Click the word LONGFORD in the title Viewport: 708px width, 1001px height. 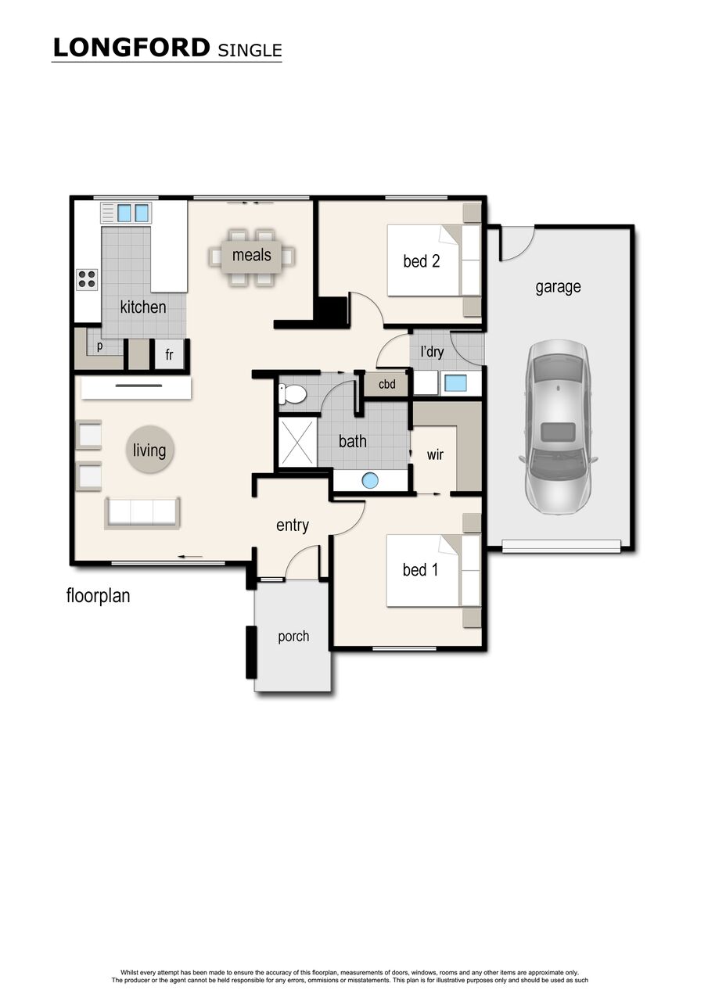click(x=131, y=48)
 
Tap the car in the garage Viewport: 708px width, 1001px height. click(x=558, y=427)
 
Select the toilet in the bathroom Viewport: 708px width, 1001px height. click(x=293, y=394)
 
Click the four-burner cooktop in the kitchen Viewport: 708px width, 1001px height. click(x=87, y=279)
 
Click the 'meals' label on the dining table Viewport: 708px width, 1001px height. click(x=252, y=255)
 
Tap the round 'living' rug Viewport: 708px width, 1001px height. click(x=149, y=449)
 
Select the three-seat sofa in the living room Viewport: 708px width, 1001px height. click(x=142, y=513)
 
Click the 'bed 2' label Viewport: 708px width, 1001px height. click(x=422, y=261)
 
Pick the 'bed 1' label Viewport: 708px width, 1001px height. click(x=420, y=570)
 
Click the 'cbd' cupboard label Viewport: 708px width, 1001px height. click(x=386, y=384)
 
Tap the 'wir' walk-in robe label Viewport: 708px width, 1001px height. click(x=435, y=455)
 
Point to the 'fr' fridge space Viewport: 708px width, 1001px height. click(x=169, y=354)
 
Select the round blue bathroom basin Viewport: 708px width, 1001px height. click(x=369, y=481)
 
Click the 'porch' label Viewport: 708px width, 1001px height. click(x=293, y=637)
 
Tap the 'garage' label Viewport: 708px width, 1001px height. click(x=559, y=287)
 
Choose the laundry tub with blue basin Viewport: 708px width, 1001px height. click(x=455, y=383)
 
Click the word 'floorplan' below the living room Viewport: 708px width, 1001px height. click(x=98, y=596)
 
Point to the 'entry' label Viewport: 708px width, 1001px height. click(x=293, y=526)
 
